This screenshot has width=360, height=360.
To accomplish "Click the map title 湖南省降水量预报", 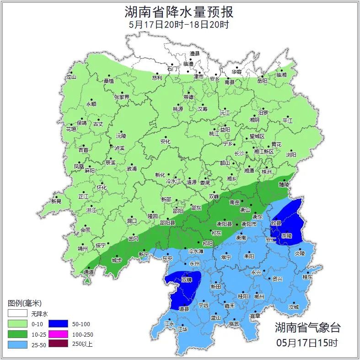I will pos(179,11).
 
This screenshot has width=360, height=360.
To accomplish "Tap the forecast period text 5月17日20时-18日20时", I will pos(179,25).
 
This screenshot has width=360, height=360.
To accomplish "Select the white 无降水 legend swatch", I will pos(16,314).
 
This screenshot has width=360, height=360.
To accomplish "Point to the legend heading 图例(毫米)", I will pos(25,303).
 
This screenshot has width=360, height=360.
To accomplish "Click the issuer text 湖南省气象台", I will pos(308,328).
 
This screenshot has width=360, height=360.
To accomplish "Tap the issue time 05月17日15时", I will pos(307,342).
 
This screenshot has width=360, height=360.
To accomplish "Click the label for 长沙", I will pos(239,154).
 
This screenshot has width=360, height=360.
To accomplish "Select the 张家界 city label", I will pos(122,97).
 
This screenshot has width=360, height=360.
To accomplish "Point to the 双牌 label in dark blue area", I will pos(187,279).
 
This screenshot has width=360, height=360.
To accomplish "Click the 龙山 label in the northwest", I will pos(71,77).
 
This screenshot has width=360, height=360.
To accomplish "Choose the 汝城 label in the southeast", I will pos(293,307).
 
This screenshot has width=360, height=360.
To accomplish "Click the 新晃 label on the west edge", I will pos(56,201).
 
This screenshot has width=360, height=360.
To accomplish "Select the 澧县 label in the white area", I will pos(195,54).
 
